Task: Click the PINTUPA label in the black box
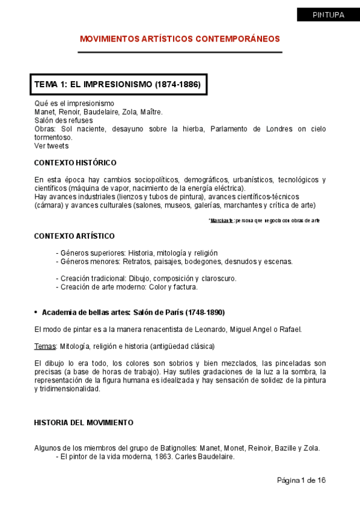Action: pyautogui.click(x=328, y=15)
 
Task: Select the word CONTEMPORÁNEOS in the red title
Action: pyautogui.click(x=240, y=38)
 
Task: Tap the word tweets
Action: pyautogui.click(x=59, y=146)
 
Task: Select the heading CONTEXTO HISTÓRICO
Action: pyautogui.click(x=75, y=163)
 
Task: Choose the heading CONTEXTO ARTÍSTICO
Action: pyautogui.click(x=74, y=236)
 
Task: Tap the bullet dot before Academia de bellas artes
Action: pyautogui.click(x=36, y=312)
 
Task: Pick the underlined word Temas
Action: pyautogui.click(x=44, y=346)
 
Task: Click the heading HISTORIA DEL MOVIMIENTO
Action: pyautogui.click(x=84, y=423)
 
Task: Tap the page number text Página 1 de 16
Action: pyautogui.click(x=301, y=480)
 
